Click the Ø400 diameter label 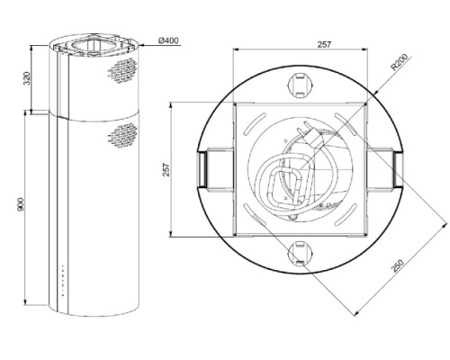coord(168,40)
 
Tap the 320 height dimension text coord(27,78)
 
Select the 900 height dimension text coord(21,204)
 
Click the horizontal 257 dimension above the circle coord(324,44)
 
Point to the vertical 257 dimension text coord(166,170)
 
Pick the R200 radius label coord(400,62)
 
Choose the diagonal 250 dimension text coord(398,265)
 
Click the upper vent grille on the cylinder coord(122,70)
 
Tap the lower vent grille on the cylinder coord(122,136)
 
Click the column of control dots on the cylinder coord(63,281)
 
